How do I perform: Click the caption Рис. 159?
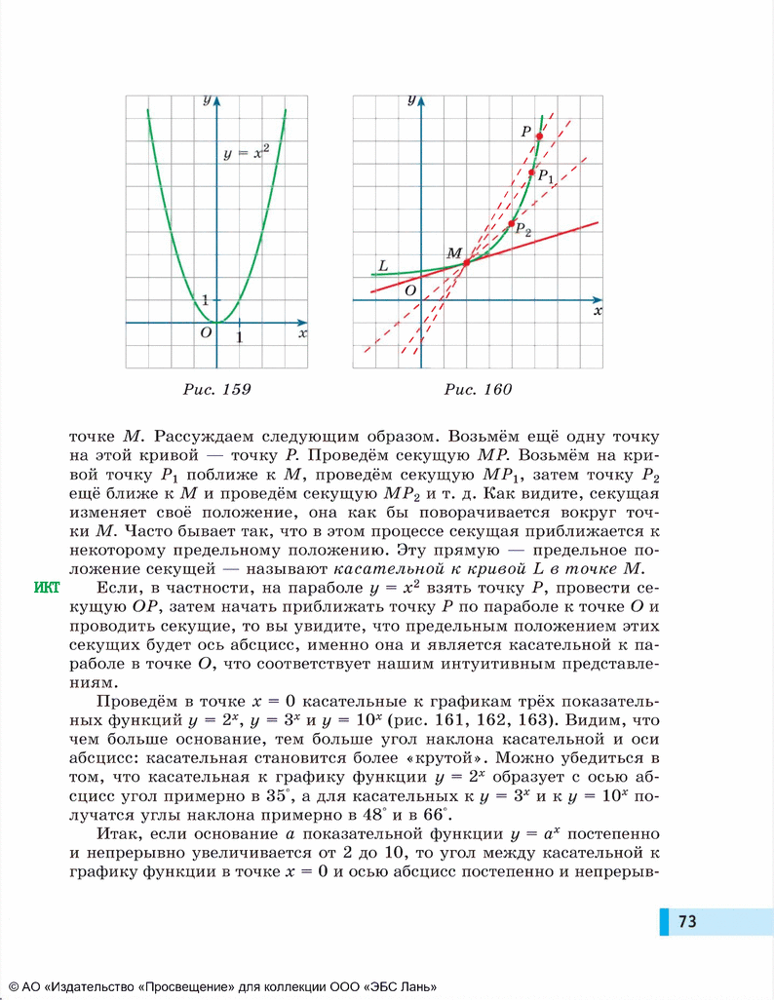216,390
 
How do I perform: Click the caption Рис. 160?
478,390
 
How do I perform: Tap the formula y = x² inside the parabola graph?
246,153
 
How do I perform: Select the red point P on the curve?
539,135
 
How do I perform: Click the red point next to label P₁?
531,173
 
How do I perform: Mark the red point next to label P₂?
511,224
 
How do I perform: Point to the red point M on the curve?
466,262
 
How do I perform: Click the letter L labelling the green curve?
382,265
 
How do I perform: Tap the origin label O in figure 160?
409,290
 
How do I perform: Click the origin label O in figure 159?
206,332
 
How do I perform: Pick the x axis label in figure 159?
302,332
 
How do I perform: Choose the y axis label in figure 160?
412,100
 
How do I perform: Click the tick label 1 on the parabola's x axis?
239,337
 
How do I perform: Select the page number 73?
687,921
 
